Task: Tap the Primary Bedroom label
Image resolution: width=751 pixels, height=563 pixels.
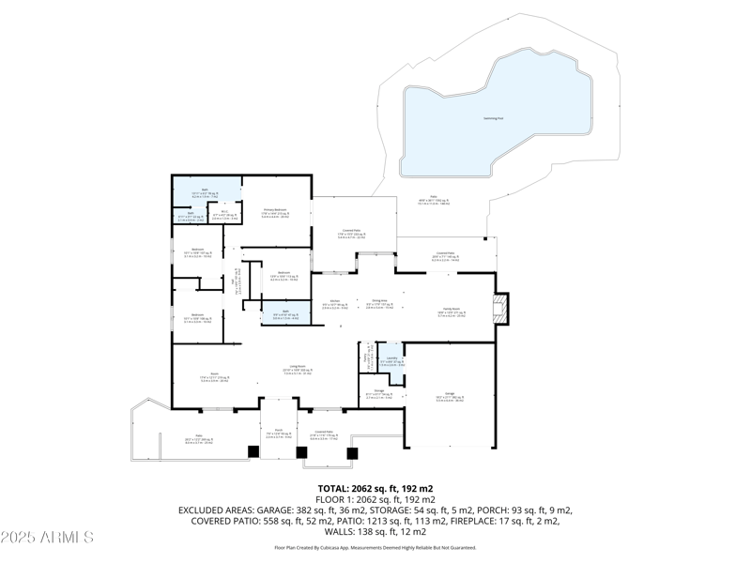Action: coord(274,211)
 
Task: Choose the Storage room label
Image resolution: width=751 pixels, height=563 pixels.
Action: coord(379,391)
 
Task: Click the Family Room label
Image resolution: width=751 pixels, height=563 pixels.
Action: coord(452,310)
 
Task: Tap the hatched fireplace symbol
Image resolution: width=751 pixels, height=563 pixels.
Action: coord(501,308)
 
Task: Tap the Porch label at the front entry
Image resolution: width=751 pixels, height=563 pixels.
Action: coord(278,431)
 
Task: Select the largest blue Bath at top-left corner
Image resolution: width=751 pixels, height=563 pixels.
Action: coord(206,193)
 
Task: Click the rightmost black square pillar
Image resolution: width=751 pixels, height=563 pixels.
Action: coord(352,453)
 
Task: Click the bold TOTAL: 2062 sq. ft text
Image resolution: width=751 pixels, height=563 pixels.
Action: coord(375,489)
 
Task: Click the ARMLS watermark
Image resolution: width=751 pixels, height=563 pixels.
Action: coord(47,538)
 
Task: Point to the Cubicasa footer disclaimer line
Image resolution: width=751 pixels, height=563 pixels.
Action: coord(375,548)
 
